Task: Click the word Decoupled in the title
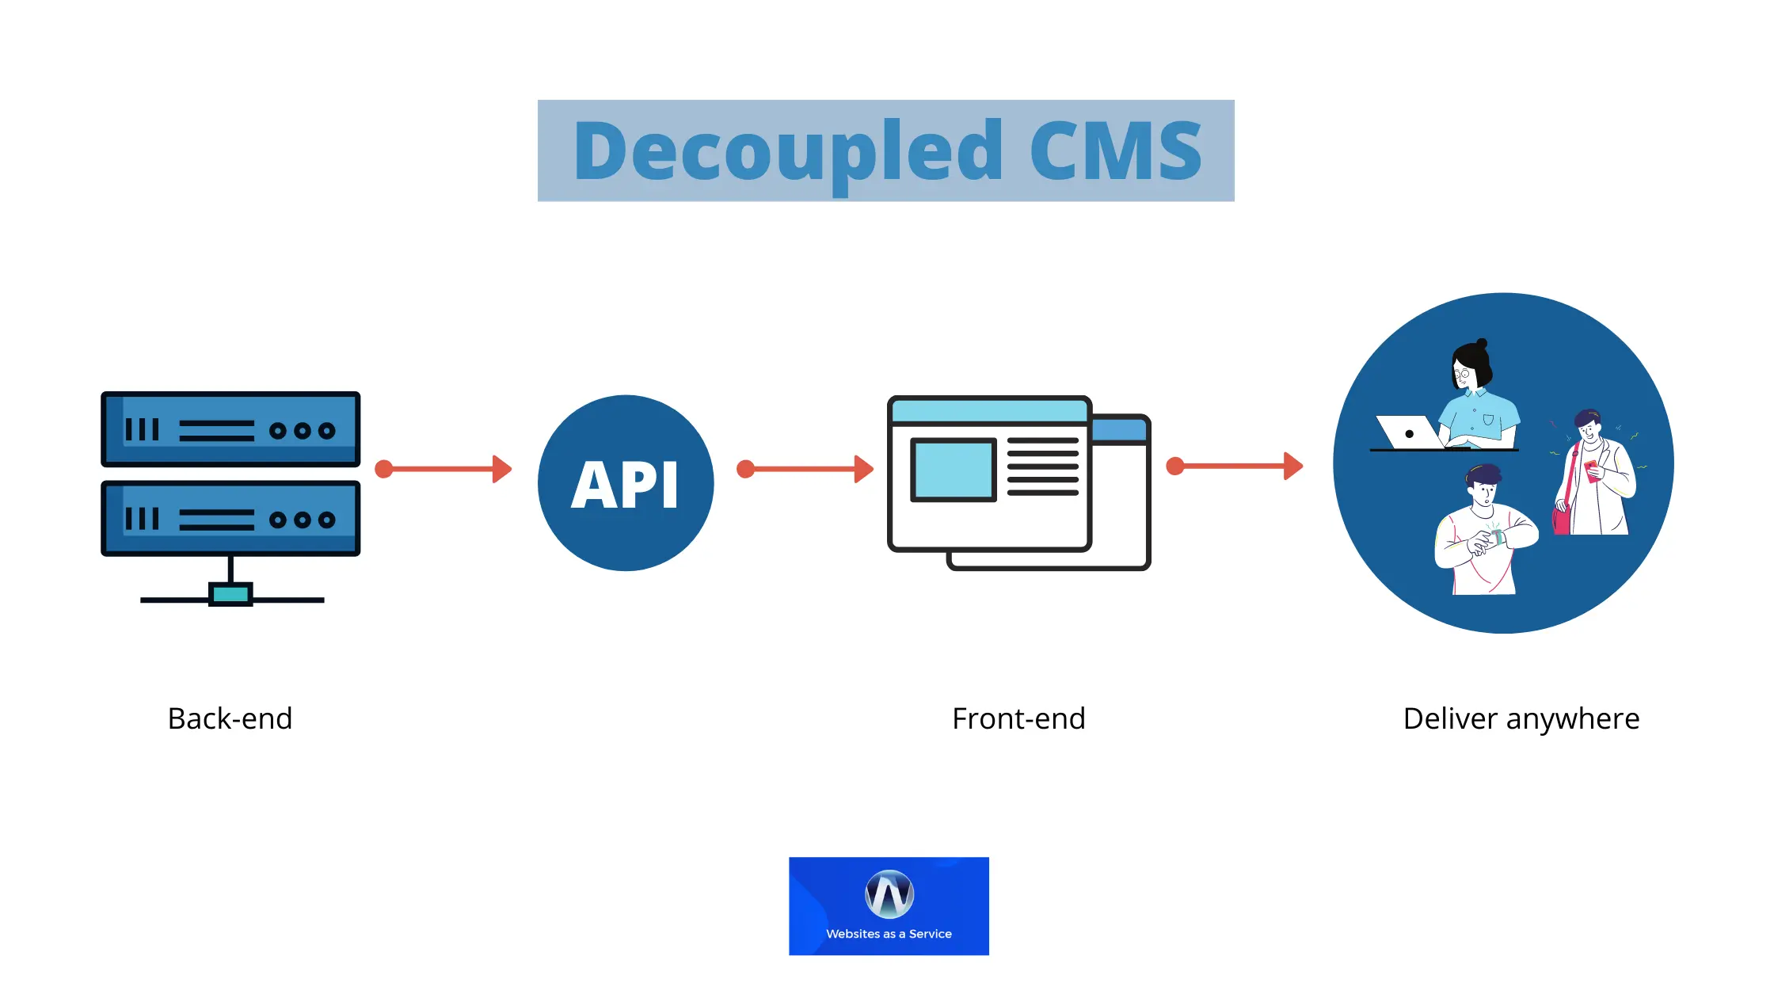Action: (x=788, y=151)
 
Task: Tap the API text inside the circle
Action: (x=625, y=485)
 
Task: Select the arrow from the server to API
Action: (x=443, y=469)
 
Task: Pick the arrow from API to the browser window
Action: (x=805, y=469)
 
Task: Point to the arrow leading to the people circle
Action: (x=1235, y=466)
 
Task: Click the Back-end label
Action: (x=230, y=718)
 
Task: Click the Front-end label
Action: (x=1018, y=718)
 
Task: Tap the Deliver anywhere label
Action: (x=1521, y=718)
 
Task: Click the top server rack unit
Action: (x=230, y=429)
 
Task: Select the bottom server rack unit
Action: (x=230, y=519)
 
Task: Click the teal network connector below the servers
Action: (x=230, y=594)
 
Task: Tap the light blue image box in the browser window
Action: (x=953, y=470)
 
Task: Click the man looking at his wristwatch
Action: (x=1485, y=531)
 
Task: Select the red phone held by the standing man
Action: (x=1591, y=470)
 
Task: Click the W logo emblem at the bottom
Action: (x=889, y=894)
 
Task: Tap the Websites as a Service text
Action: (x=889, y=934)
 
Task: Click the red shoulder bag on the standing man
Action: (x=1561, y=519)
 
